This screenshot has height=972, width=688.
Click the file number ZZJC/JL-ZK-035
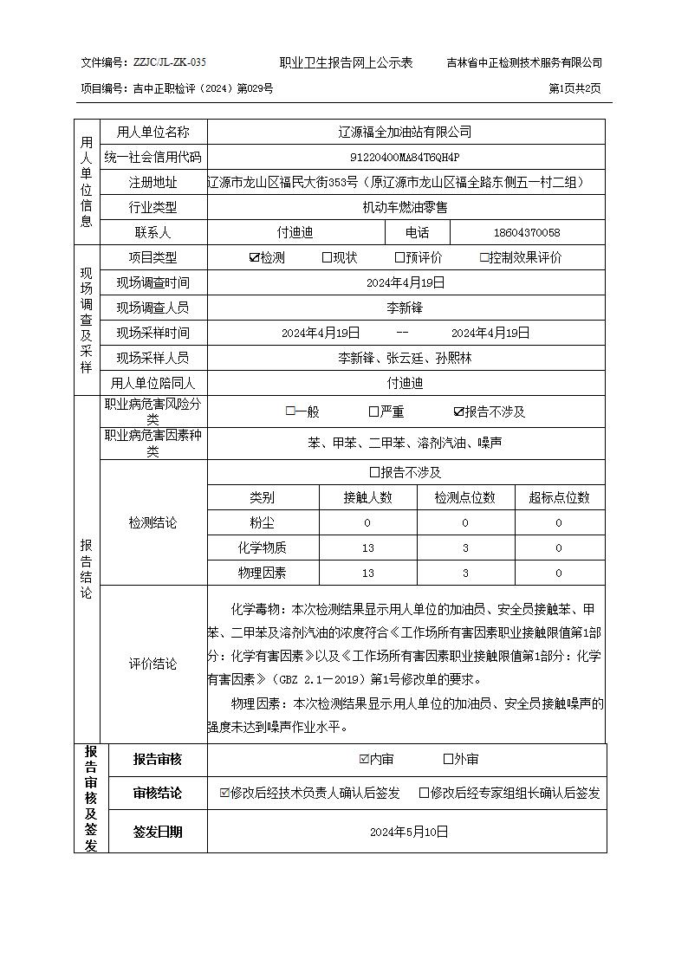170,62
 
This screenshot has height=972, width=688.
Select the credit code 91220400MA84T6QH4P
406,157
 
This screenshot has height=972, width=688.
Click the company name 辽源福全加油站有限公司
406,132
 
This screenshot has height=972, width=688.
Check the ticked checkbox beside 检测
254,257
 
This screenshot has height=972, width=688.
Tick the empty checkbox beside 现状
327,257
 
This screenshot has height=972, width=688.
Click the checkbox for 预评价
399,257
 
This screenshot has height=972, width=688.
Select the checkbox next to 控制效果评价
484,257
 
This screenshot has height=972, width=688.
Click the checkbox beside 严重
373,412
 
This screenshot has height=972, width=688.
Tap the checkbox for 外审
448,760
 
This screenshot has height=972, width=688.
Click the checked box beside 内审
364,760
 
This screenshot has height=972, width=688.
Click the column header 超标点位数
559,497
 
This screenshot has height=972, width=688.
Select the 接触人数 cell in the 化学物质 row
367,548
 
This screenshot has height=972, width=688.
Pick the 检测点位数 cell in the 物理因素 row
464,573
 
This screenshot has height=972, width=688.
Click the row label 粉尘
262,522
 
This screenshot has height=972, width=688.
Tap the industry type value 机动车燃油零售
406,207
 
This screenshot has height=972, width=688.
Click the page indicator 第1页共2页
574,88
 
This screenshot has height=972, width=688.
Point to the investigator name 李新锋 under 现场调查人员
405,308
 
